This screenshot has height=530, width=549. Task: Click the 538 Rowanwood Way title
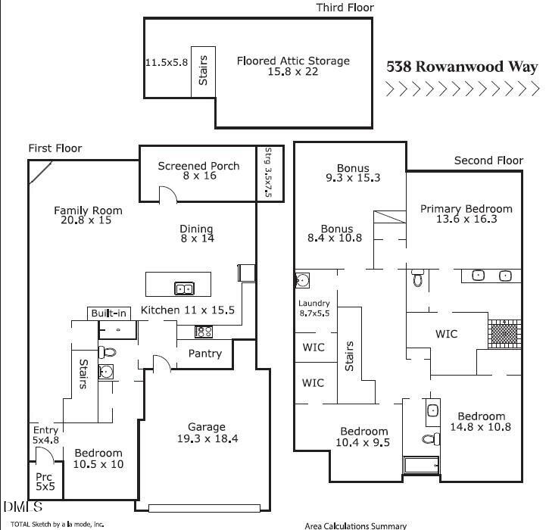point(462,67)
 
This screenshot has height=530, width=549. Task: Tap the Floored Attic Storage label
point(293,61)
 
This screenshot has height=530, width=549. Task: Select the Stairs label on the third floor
point(203,70)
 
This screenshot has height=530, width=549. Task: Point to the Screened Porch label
point(198,166)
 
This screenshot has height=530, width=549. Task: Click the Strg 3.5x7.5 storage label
point(268,172)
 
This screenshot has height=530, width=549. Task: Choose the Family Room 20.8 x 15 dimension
point(86,220)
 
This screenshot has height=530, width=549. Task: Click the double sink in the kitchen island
point(184,288)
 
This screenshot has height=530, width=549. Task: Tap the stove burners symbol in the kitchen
point(204,332)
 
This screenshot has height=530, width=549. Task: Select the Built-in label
point(108,313)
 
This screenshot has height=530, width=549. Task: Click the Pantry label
point(204,354)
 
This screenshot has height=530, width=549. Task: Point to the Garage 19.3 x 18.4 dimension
point(207,438)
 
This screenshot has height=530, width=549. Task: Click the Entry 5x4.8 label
point(45,435)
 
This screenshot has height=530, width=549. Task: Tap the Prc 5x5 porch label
point(45,482)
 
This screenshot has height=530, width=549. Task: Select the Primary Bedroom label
point(466,209)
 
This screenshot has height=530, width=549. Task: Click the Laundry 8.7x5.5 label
point(314,308)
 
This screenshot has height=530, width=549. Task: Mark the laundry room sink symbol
point(302,280)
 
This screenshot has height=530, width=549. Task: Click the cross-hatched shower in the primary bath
point(504,334)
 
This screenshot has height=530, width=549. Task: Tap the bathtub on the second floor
point(421,465)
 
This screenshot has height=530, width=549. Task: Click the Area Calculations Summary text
point(355,525)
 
